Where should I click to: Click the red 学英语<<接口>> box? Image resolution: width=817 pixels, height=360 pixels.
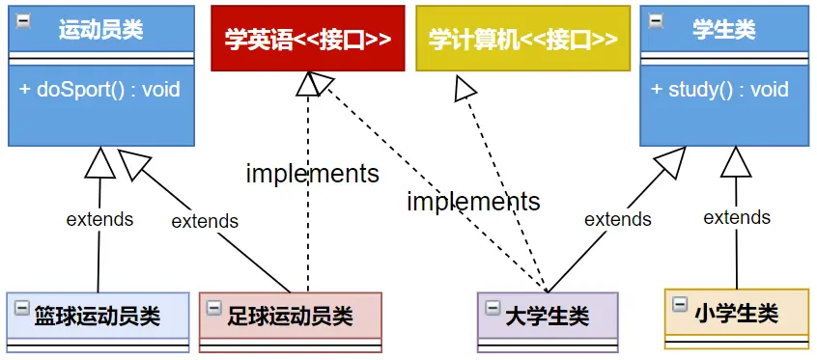(308, 39)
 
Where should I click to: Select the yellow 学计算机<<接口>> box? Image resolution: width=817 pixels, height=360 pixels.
(522, 39)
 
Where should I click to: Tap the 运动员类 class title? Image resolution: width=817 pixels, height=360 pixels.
(100, 30)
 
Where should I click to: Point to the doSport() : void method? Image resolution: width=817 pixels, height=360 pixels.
(99, 90)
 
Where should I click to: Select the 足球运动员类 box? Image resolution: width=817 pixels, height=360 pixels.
(290, 316)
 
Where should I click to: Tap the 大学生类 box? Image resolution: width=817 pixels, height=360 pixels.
(547, 316)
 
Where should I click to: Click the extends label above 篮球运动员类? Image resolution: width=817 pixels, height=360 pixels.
(99, 219)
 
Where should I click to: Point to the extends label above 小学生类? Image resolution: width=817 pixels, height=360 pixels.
(737, 217)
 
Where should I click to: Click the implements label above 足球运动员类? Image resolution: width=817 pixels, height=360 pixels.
(312, 174)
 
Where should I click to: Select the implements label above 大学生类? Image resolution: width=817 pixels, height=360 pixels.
(473, 202)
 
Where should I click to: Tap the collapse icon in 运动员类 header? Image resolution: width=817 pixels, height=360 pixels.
(21, 19)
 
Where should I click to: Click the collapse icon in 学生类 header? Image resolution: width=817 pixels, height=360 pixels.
(656, 19)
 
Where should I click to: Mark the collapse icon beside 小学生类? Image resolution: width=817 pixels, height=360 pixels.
(680, 309)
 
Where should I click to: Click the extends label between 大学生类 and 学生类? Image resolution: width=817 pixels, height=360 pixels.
(618, 219)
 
